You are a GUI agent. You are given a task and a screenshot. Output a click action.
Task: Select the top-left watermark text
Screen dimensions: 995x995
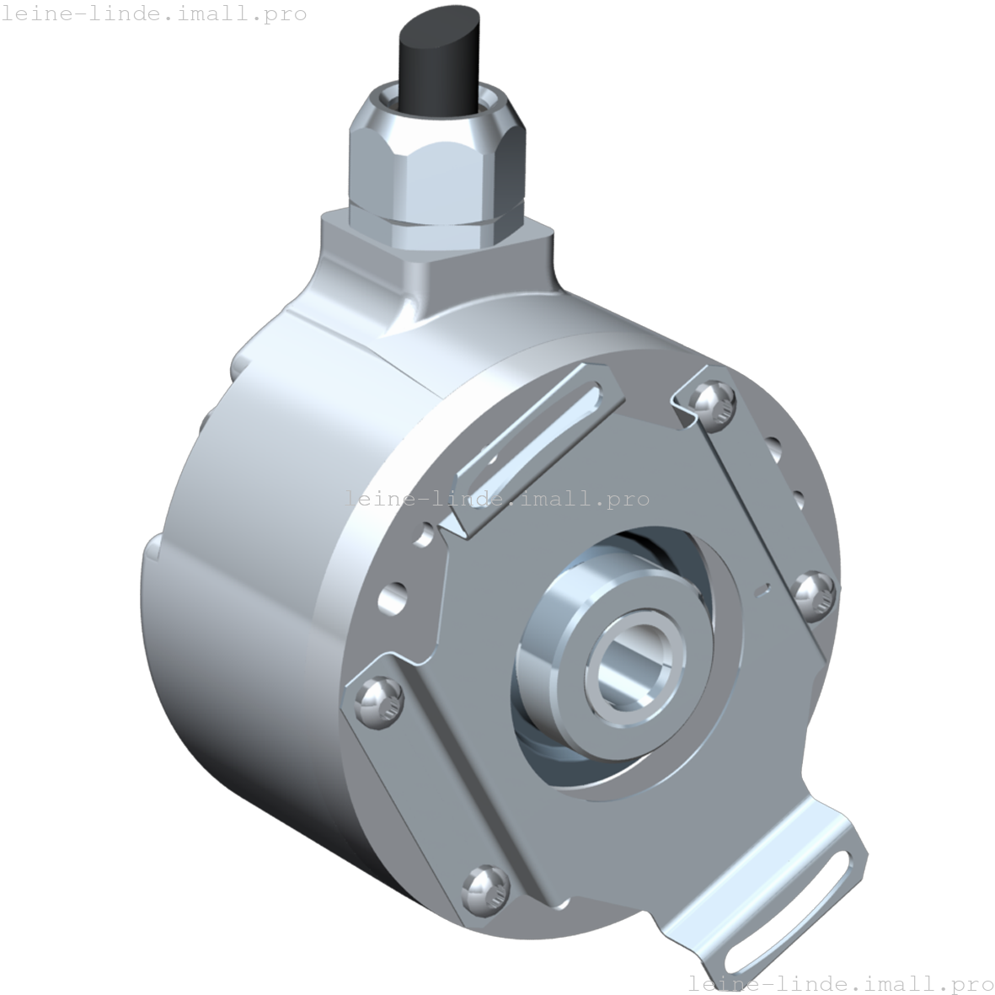coord(153,13)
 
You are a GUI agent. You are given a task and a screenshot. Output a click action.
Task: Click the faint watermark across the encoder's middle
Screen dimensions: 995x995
coord(497,499)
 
